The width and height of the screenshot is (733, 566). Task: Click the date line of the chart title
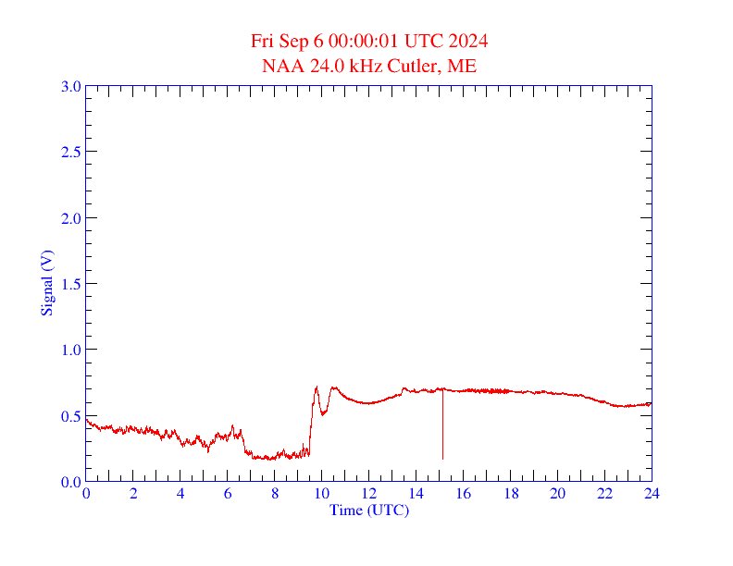click(x=369, y=42)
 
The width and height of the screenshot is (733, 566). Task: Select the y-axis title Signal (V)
click(x=46, y=283)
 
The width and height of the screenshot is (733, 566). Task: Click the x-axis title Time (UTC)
click(x=368, y=510)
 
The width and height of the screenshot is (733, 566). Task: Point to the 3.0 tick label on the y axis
click(x=70, y=86)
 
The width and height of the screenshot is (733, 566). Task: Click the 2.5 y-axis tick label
click(x=70, y=152)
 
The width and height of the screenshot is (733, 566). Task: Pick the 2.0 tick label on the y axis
click(x=70, y=218)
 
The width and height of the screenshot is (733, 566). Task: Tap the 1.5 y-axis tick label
click(x=70, y=284)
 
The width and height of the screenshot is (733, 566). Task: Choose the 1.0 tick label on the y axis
click(x=70, y=350)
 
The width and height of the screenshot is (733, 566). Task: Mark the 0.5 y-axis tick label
click(x=70, y=416)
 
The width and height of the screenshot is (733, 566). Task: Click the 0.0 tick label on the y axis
click(x=70, y=482)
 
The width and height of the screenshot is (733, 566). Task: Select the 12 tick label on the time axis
click(x=368, y=494)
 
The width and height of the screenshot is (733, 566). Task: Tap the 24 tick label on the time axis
click(x=652, y=494)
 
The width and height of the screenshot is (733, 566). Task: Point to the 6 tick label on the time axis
click(x=228, y=494)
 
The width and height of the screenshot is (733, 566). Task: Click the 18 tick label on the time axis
click(x=510, y=494)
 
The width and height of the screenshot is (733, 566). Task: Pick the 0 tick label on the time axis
click(x=86, y=494)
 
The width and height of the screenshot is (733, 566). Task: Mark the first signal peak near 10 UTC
click(x=317, y=388)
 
